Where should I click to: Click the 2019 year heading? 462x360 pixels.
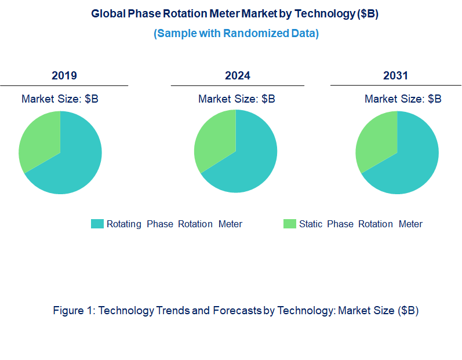pos(64,75)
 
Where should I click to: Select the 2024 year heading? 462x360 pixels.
pos(237,75)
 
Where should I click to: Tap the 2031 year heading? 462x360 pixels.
pos(395,75)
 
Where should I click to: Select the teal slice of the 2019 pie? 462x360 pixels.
pos(72,162)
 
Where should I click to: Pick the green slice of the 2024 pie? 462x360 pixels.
pos(214,142)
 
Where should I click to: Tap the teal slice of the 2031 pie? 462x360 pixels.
pos(409,162)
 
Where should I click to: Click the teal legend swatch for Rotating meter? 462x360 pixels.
pos(97,224)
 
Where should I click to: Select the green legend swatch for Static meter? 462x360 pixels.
pos(289,224)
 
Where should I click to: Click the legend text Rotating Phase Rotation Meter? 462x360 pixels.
pos(174,224)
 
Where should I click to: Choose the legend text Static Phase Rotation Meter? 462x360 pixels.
pos(361,224)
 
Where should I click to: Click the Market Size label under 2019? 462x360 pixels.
pos(60,99)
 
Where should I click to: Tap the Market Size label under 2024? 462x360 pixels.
pos(237,99)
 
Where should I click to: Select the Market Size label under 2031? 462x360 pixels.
pos(403,99)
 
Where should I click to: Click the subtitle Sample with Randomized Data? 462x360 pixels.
pos(236,33)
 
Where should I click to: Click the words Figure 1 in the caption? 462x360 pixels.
pos(74,311)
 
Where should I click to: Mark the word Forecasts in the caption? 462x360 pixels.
pos(236,311)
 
